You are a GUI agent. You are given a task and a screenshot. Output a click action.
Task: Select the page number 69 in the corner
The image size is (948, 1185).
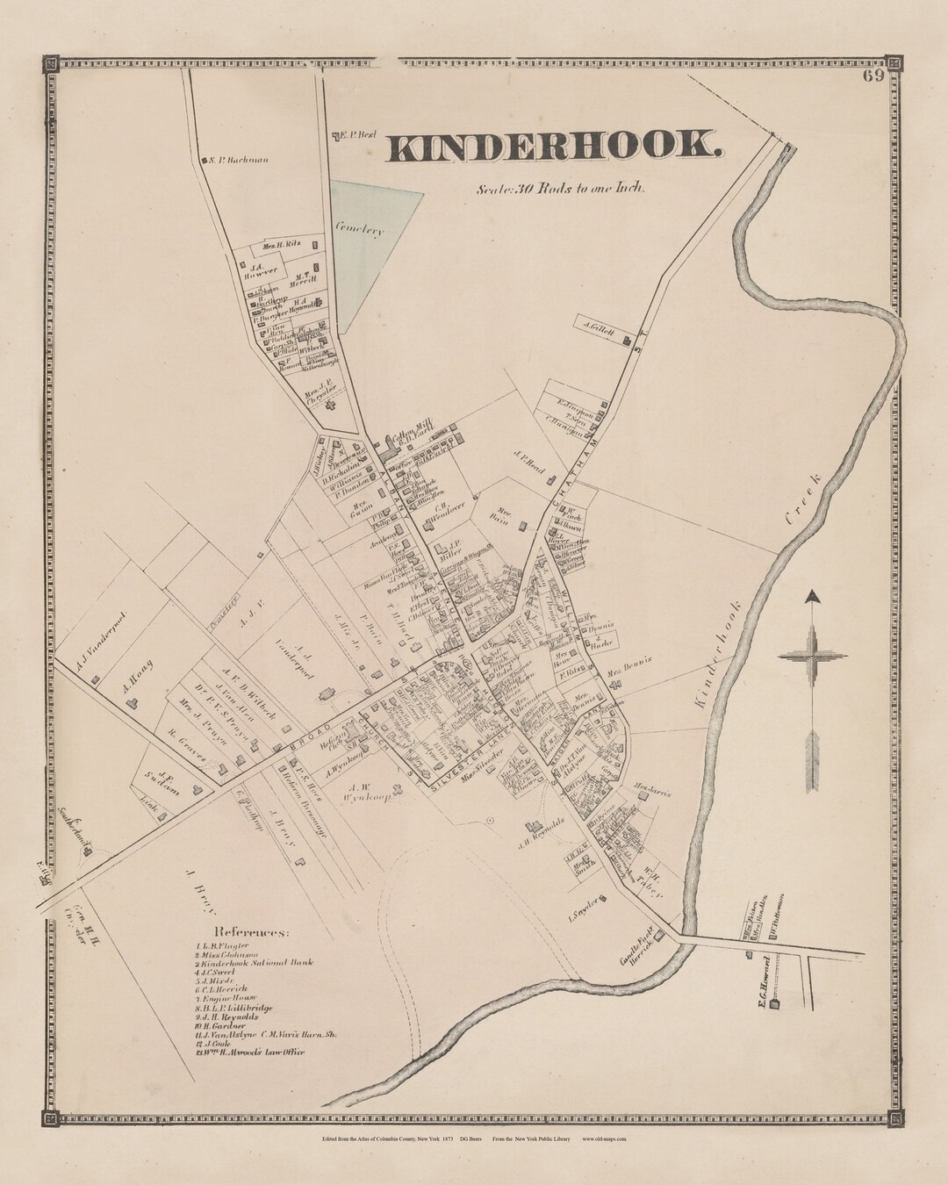pyautogui.click(x=872, y=75)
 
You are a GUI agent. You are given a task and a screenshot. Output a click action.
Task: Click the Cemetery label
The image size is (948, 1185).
pyautogui.click(x=359, y=230)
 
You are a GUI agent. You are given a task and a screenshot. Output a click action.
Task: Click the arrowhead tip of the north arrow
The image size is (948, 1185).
pyautogui.click(x=814, y=596)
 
